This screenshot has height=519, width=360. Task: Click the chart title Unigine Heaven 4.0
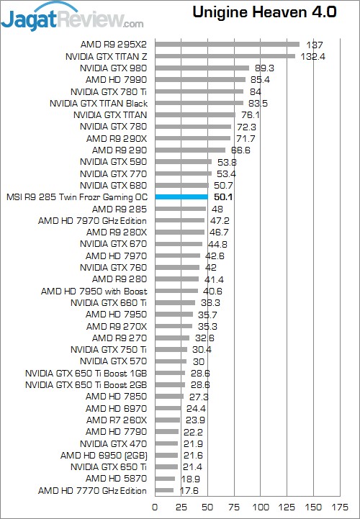coord(264,12)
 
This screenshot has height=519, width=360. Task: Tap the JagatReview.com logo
coord(72,17)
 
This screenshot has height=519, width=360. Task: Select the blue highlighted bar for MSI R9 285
coord(181,197)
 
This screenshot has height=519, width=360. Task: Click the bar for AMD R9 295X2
coord(228,45)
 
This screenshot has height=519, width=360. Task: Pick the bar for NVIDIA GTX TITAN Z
coord(225,56)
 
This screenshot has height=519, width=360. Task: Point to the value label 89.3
coord(264,68)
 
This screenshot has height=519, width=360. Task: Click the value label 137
coord(315,45)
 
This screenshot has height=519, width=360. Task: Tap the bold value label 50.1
coord(223,197)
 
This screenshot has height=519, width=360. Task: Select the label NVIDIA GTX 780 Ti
coord(109,91)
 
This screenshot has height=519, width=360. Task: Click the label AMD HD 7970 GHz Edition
coord(92,221)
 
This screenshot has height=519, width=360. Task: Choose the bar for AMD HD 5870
coord(165,479)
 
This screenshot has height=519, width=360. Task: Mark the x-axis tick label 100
coord(261,507)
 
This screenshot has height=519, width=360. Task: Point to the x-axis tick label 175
coord(340,507)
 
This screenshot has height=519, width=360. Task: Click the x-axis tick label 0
coord(155,507)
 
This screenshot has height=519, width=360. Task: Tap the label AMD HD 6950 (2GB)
coord(104,456)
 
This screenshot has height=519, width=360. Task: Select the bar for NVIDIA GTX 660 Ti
coord(175,303)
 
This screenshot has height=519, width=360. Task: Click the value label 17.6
coord(189,490)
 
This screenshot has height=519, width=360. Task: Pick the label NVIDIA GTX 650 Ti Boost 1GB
coord(86,374)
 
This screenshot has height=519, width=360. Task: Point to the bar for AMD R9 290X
coord(193,138)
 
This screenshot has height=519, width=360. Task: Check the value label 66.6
coord(240,150)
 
